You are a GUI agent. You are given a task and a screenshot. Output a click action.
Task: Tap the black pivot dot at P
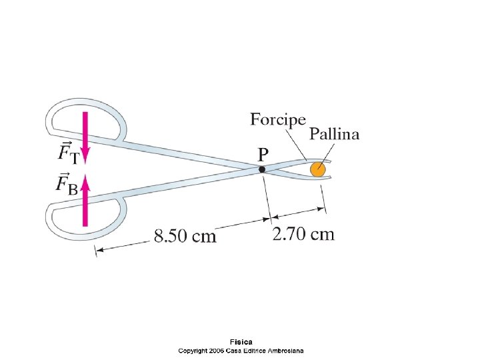click(x=262, y=169)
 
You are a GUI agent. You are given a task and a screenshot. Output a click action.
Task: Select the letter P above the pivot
click(x=263, y=154)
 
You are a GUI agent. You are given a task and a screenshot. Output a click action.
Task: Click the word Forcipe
click(x=278, y=121)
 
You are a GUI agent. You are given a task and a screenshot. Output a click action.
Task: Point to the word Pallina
click(x=334, y=134)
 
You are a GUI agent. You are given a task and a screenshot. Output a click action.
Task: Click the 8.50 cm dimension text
click(x=185, y=235)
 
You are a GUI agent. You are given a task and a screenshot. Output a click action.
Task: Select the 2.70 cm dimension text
click(x=303, y=234)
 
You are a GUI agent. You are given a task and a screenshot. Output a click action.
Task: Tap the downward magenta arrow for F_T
click(x=85, y=137)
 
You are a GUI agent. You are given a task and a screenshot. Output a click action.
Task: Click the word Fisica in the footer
click(x=241, y=343)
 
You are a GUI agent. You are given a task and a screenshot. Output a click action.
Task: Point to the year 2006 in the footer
click(x=216, y=350)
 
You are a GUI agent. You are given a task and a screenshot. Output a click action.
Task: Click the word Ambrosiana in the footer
click(x=285, y=350)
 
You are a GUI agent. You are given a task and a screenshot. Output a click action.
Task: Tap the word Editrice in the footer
click(x=253, y=350)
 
